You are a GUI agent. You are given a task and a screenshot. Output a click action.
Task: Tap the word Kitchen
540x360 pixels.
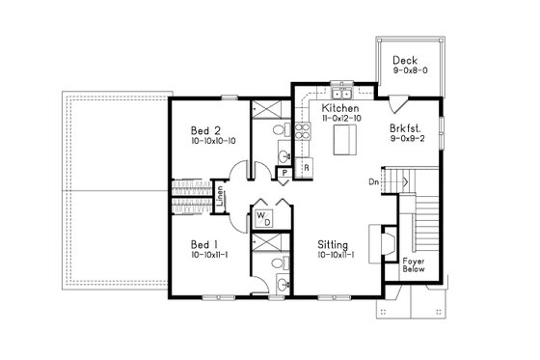coord(341,110)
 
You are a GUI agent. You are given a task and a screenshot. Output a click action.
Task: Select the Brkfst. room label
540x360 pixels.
coord(403,126)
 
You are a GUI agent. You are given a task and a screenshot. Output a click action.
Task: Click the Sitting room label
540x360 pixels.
coord(334,245)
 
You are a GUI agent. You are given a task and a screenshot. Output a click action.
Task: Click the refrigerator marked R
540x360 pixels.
coord(306,169)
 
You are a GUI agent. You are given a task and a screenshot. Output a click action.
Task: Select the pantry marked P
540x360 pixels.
coord(284,173)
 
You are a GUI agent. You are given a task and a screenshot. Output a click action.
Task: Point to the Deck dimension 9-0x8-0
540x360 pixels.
coord(406,73)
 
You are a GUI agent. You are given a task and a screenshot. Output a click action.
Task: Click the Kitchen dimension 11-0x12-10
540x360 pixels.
coord(341,121)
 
